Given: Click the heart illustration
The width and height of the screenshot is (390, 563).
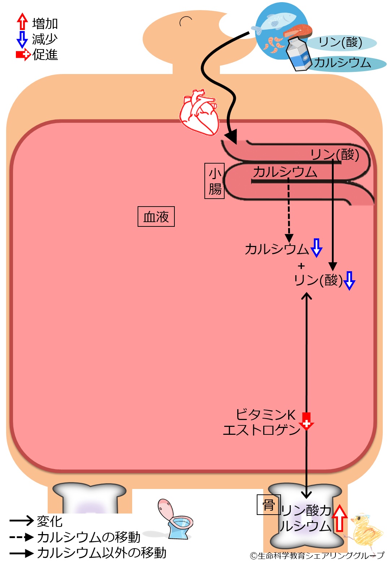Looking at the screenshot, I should [x=199, y=112].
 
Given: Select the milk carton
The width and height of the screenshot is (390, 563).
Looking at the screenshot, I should [x=299, y=54].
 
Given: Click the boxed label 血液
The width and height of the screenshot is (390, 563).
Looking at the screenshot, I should [x=156, y=217].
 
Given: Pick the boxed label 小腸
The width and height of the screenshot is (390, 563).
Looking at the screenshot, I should [x=214, y=181].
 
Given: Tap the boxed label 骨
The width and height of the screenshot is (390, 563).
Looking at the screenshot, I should [x=268, y=504].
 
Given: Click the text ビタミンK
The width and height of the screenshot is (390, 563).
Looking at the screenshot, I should [x=265, y=415].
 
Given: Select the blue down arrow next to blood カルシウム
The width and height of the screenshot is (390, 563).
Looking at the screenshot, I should [x=316, y=248].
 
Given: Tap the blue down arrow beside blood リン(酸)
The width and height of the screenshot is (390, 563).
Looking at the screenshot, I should [x=349, y=281].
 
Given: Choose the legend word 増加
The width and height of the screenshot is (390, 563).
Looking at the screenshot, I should [x=45, y=23].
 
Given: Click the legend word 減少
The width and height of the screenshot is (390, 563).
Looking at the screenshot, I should [x=45, y=39].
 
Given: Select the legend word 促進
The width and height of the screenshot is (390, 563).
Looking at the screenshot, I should [x=45, y=55].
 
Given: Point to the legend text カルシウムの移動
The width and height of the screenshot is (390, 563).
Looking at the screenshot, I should [x=88, y=537].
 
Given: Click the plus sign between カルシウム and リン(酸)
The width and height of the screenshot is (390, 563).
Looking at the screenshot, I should [x=301, y=266].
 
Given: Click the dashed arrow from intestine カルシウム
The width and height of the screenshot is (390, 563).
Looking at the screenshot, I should [x=289, y=213].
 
